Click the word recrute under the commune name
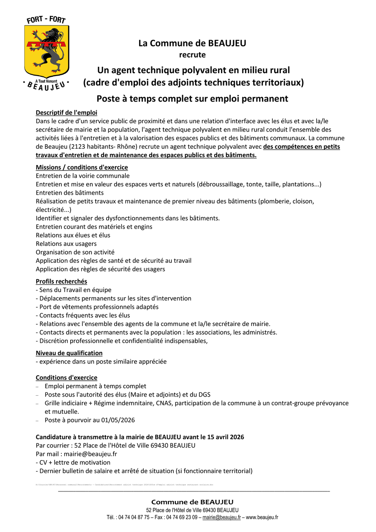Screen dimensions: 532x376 [192, 55]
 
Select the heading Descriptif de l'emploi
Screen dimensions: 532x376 [66, 112]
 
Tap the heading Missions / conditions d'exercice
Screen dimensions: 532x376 [82, 168]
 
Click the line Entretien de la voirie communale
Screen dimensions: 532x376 [83, 176]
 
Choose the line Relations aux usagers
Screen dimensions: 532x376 [66, 244]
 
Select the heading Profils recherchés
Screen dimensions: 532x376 [61, 281]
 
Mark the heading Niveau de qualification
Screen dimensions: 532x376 [69, 353]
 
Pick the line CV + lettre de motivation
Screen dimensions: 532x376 [73, 463]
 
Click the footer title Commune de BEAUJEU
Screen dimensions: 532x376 [192, 502]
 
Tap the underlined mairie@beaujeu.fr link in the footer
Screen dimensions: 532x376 [221, 517]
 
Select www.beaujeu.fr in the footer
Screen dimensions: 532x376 [262, 517]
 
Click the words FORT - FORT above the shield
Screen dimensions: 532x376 [46, 20]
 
